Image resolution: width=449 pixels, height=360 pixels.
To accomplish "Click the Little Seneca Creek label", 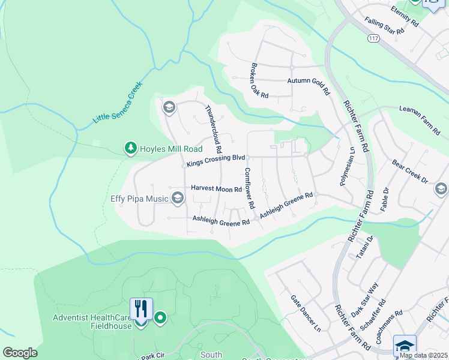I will click(117, 103).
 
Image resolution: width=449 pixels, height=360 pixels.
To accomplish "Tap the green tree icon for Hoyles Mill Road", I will click(130, 148).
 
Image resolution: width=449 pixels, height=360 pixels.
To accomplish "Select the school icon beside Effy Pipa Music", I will click(177, 198).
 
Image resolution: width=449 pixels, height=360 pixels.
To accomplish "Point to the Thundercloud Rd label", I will click(214, 128).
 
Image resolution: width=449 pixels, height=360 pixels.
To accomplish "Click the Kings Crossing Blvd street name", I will click(216, 160).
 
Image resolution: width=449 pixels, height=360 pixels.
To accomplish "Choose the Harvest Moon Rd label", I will click(216, 188).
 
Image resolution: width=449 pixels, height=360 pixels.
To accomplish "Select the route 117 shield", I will click(374, 38).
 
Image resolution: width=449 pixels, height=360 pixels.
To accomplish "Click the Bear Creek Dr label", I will click(410, 172).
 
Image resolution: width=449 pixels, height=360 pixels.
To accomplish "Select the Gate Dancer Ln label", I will click(306, 313).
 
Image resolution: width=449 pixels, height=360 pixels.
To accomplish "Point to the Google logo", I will click(20, 353).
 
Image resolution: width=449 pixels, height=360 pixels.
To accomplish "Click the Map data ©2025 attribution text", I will click(423, 355).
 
